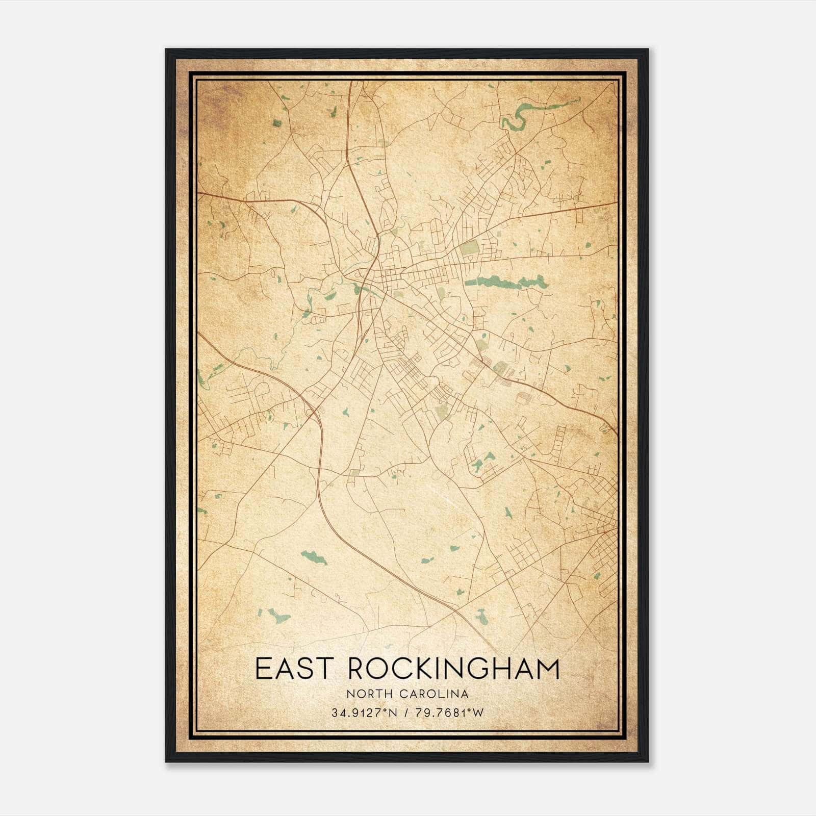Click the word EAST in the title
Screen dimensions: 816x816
pos(289,669)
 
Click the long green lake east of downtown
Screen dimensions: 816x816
pos(505,281)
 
